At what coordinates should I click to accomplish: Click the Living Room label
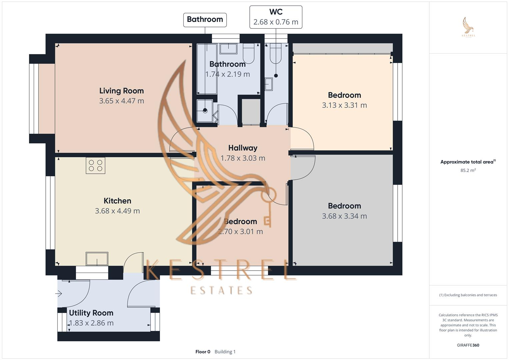(121, 91)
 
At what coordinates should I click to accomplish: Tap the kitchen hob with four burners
(96, 165)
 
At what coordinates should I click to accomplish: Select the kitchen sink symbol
(97, 259)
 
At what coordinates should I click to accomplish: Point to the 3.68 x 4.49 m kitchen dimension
(117, 211)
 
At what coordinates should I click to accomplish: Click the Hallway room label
(243, 148)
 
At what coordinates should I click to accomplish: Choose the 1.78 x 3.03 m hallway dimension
(243, 158)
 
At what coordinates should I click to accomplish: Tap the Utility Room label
(91, 313)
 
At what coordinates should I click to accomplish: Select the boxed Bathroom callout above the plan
(205, 20)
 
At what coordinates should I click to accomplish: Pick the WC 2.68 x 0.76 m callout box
(276, 17)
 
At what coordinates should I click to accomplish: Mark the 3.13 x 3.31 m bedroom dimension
(344, 105)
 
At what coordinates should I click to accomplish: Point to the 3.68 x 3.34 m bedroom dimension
(344, 216)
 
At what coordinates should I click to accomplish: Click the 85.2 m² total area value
(468, 170)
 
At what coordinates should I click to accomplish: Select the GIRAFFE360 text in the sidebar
(468, 345)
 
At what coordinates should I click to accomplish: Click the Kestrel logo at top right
(468, 27)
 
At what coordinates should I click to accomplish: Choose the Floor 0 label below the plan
(203, 352)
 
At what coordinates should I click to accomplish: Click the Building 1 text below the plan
(225, 352)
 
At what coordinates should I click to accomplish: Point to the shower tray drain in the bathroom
(205, 110)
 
